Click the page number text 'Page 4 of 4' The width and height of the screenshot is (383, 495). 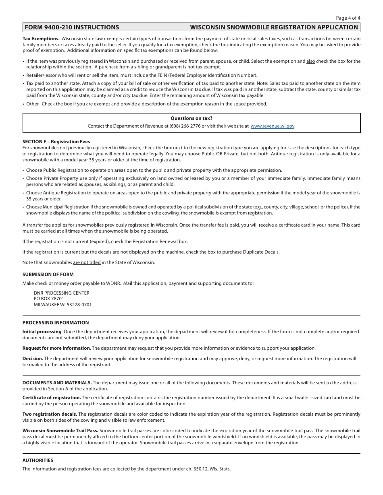(348, 18)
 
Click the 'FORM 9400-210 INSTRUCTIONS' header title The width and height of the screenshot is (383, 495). (72, 27)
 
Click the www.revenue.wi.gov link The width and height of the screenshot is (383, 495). (273, 126)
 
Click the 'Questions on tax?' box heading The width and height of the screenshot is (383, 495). (191, 118)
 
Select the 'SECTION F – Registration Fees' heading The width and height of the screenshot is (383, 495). (56, 142)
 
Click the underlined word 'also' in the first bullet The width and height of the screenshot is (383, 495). (310, 61)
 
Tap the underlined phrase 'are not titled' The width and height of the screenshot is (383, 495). (87, 262)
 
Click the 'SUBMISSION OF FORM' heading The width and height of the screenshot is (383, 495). (48, 274)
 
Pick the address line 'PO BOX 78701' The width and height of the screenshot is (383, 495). (49, 299)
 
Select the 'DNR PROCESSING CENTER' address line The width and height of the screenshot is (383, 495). (61, 293)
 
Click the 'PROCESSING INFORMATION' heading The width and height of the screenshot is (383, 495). (56, 323)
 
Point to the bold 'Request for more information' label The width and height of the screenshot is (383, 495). (56, 348)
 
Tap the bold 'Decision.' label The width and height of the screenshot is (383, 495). (33, 358)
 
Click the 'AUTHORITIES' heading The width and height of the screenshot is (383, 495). (37, 460)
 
